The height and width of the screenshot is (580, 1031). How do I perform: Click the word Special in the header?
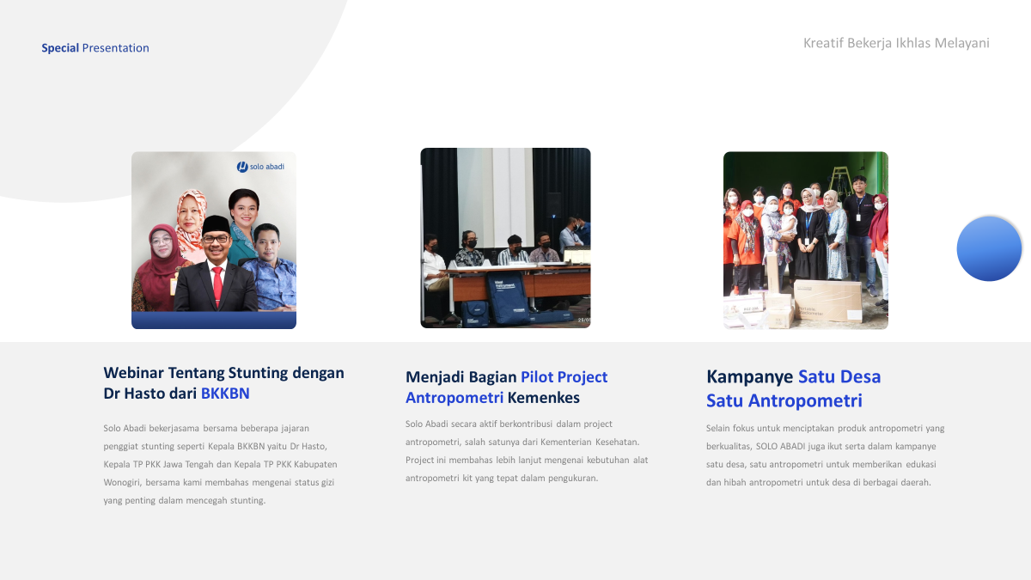click(x=60, y=48)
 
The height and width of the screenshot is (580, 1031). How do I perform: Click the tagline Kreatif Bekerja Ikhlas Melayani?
click(x=896, y=43)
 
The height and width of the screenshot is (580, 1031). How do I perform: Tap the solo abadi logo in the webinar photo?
click(x=260, y=167)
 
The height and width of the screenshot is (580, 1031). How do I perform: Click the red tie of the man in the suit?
click(x=217, y=285)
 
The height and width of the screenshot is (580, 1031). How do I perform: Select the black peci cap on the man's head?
click(x=217, y=224)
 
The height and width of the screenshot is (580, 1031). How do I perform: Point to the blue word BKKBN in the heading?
click(x=225, y=394)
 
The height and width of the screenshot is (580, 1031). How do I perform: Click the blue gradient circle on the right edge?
click(x=989, y=248)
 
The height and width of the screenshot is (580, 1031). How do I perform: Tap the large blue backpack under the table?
click(x=508, y=298)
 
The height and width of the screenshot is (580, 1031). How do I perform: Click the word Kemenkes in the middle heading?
click(x=543, y=398)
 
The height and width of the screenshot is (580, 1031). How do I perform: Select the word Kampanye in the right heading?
click(x=750, y=376)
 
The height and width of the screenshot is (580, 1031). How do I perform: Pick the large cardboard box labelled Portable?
click(x=827, y=301)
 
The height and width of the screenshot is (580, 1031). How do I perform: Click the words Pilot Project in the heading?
click(x=564, y=377)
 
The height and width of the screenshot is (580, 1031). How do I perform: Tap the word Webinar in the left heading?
click(x=133, y=372)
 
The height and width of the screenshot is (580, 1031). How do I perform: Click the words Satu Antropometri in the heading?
click(x=784, y=400)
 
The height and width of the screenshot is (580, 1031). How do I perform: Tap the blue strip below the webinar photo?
click(x=214, y=321)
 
